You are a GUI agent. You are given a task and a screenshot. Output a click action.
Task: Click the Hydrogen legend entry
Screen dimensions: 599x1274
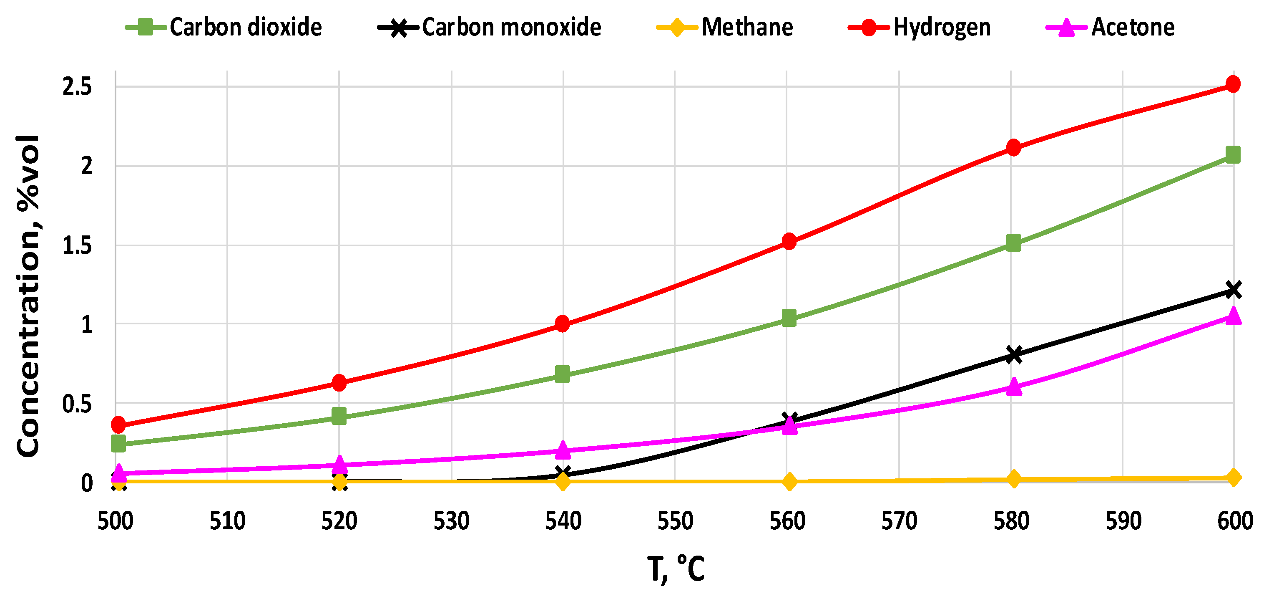pyautogui.click(x=920, y=27)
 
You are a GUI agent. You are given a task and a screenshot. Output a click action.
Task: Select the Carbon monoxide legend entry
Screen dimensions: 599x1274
pyautogui.click(x=490, y=27)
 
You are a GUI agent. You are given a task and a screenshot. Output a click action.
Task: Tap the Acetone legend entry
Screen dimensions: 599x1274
pyautogui.click(x=1110, y=27)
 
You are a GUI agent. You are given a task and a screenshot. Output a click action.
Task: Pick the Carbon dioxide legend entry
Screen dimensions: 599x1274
pyautogui.click(x=224, y=27)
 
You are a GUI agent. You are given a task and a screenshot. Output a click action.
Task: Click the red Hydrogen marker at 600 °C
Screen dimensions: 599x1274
pyautogui.click(x=1233, y=84)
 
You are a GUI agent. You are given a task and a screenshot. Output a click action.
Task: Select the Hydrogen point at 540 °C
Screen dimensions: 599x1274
pyautogui.click(x=562, y=324)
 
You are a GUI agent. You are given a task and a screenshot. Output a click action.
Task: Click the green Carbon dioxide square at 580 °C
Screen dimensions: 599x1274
pyautogui.click(x=1013, y=243)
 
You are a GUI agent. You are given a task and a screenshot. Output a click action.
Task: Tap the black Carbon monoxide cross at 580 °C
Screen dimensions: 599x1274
pyautogui.click(x=1014, y=354)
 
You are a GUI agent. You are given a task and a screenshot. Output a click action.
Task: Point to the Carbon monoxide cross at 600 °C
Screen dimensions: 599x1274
pyautogui.click(x=1234, y=290)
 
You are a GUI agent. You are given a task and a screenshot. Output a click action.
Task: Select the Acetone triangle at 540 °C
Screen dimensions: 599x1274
pyautogui.click(x=562, y=450)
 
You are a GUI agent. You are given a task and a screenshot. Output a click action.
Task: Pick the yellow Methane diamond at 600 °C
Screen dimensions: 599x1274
pyautogui.click(x=1234, y=478)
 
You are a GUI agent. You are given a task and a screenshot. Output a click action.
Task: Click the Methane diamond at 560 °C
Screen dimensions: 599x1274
pyautogui.click(x=790, y=481)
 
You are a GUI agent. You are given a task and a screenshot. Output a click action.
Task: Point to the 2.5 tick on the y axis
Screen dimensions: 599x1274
pyautogui.click(x=77, y=87)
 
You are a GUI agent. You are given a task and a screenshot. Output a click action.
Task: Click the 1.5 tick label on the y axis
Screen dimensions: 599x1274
pyautogui.click(x=77, y=246)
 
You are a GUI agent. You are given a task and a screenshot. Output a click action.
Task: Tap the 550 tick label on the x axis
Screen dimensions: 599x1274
pyautogui.click(x=675, y=521)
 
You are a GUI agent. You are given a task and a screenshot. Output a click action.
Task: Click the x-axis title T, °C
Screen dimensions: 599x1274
pyautogui.click(x=676, y=569)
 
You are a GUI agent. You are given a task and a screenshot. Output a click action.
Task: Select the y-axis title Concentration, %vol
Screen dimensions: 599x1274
pyautogui.click(x=28, y=296)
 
